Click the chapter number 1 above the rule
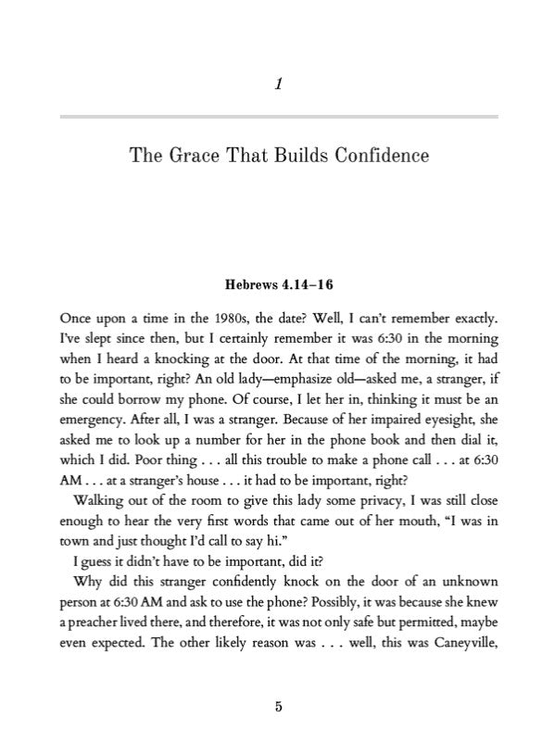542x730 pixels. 279,85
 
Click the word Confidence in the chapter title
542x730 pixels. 378,156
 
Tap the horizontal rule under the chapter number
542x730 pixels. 279,116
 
